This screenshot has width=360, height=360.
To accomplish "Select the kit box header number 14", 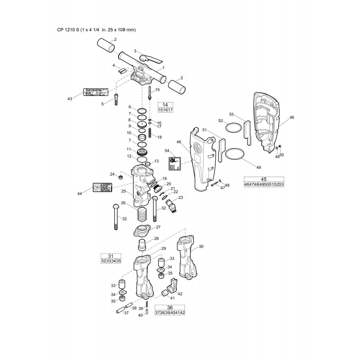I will click(165, 105).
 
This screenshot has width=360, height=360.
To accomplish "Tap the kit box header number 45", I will click(264, 179).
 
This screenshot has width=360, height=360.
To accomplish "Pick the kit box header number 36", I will click(170, 307).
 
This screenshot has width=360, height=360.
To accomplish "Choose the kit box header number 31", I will click(111, 256).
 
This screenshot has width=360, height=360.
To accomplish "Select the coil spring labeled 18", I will click(150, 132).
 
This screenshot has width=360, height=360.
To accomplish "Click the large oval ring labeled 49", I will click(235, 154).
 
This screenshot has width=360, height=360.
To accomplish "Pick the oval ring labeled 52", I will click(233, 127).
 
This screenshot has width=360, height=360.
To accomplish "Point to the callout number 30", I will click(201, 246).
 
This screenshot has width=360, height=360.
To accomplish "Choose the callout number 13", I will click(156, 161).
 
